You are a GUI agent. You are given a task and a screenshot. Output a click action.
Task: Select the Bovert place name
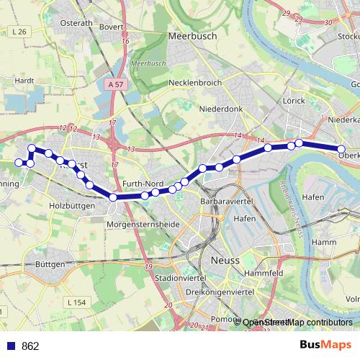pos(112,27)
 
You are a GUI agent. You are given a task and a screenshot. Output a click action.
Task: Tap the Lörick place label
pos(294,102)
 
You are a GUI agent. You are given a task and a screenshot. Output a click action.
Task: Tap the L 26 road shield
pos(19,32)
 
